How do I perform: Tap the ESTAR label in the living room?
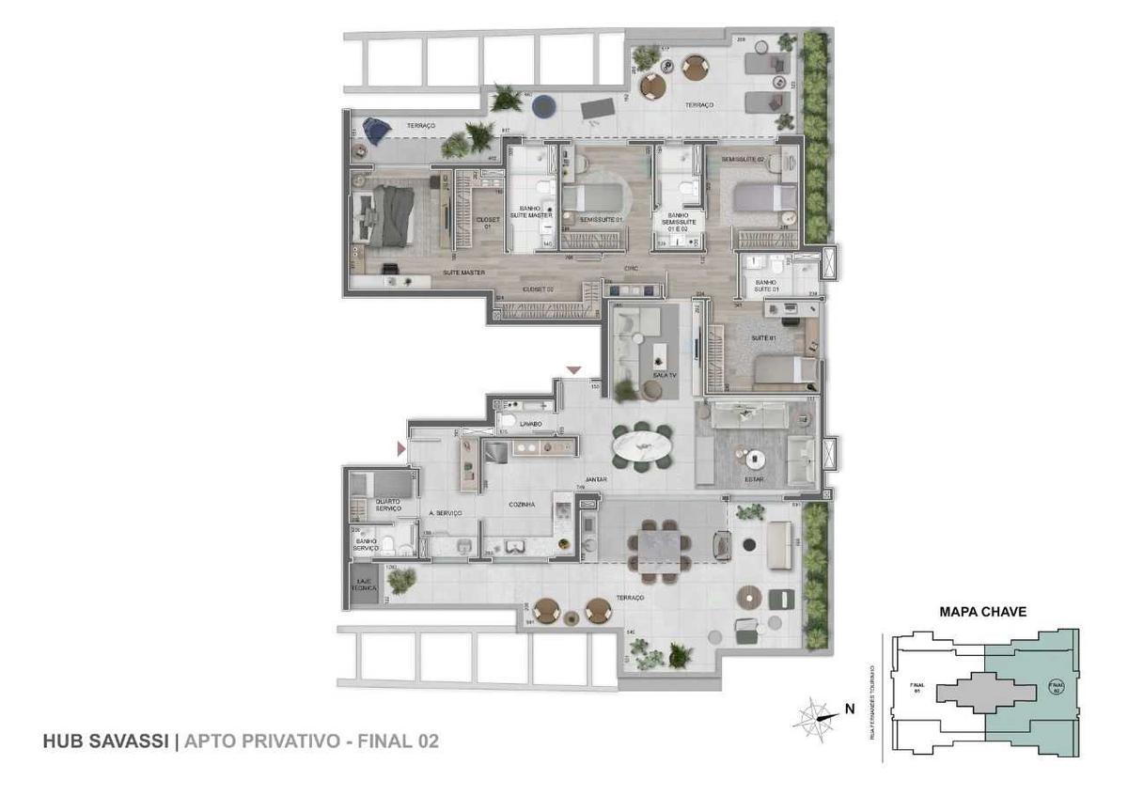[753, 479]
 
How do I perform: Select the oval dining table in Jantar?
[642, 443]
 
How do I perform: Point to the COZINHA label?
[522, 505]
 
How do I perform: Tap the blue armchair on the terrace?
[376, 130]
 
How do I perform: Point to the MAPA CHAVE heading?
[982, 611]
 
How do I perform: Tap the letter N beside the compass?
[850, 710]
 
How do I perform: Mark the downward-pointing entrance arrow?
[573, 370]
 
